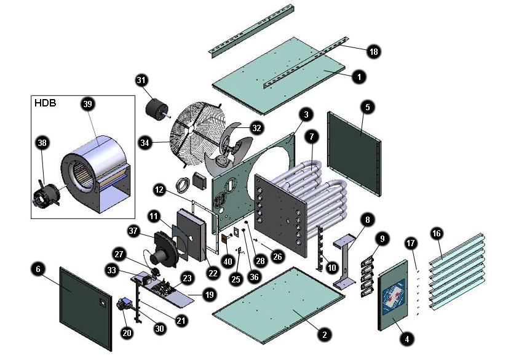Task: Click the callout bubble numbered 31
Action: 142,80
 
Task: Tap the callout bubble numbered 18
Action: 373,52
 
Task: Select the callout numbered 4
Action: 405,338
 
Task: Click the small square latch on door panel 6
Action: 102,302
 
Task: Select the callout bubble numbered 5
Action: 367,106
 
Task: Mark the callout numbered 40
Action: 229,260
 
